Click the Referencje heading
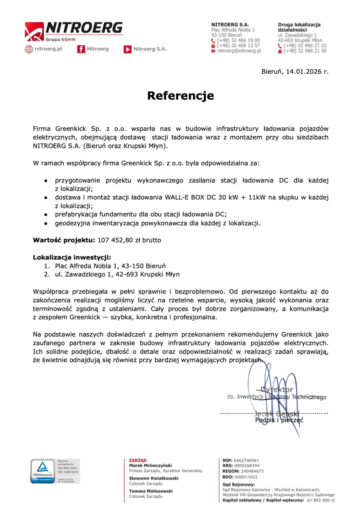point(180,96)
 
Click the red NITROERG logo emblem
point(34,31)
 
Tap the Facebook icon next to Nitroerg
point(81,49)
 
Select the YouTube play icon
point(127,49)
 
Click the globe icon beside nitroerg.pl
point(29,49)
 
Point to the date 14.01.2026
point(304,72)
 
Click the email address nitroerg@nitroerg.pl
point(239,51)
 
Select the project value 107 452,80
point(115,240)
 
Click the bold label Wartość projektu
point(64,240)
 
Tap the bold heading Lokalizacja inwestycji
point(72,257)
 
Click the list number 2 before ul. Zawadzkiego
point(46,274)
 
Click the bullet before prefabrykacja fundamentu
point(46,214)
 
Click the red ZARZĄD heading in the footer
point(138,460)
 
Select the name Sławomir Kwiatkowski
point(154,478)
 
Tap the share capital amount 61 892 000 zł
point(321,500)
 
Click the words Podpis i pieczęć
point(279,420)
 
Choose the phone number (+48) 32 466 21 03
point(305,46)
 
